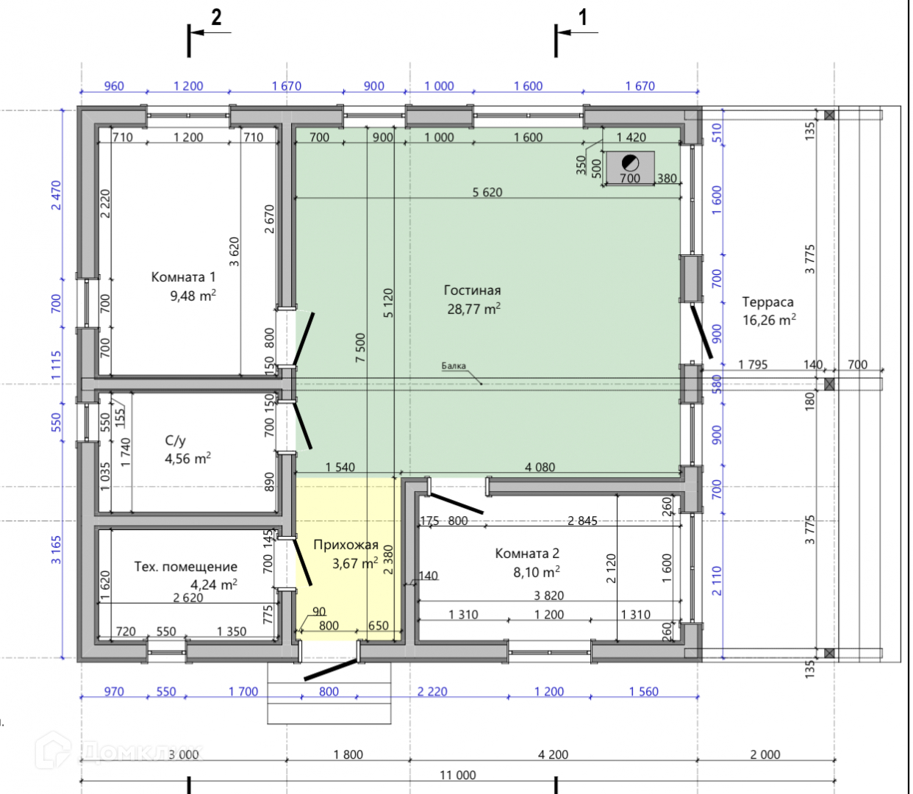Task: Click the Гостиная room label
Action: point(472,290)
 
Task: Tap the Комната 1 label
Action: point(183,276)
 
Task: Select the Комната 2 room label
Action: point(527,554)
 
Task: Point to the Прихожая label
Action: point(345,545)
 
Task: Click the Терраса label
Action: point(768,302)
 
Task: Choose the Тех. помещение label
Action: point(186,566)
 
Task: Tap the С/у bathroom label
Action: point(176,440)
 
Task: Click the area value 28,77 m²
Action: point(474,308)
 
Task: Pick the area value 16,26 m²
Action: point(769,320)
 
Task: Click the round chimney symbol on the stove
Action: point(630,163)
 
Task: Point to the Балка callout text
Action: point(454,366)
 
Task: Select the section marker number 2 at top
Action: point(216,18)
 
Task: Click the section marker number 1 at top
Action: point(582,18)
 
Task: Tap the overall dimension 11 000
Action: point(458,775)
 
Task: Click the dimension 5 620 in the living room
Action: point(487,193)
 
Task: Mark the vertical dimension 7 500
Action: point(360,348)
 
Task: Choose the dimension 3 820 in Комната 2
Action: point(549,595)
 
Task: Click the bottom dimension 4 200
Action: point(554,755)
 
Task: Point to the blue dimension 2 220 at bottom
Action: point(432,692)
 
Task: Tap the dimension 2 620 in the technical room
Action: point(188,598)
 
